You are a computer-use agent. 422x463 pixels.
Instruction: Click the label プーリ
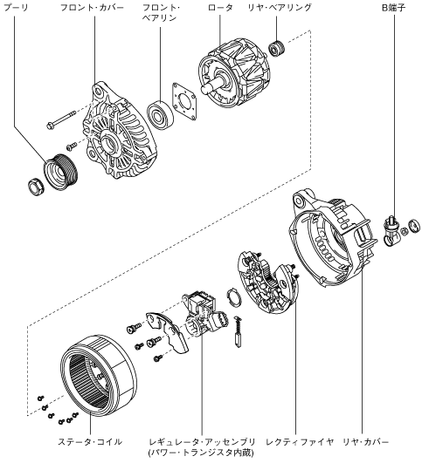[16, 8]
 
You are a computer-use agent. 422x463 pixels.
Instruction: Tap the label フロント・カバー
[92, 8]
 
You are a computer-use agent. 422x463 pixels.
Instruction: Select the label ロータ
[220, 8]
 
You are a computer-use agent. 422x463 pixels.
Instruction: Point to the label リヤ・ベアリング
[280, 8]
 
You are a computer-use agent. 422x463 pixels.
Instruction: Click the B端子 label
[393, 8]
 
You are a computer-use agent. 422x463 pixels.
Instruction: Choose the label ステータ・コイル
[90, 442]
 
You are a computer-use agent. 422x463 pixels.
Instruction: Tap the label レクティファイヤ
[300, 442]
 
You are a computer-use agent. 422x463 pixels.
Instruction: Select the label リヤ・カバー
[365, 442]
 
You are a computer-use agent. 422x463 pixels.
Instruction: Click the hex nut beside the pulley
[36, 187]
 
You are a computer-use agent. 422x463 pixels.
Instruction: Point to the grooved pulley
[61, 172]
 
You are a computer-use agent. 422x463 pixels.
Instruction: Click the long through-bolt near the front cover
[61, 119]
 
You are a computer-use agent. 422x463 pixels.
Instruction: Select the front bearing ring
[160, 115]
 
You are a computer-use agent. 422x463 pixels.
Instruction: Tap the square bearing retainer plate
[184, 101]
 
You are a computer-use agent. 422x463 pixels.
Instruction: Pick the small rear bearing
[277, 48]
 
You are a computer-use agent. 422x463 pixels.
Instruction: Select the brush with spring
[238, 331]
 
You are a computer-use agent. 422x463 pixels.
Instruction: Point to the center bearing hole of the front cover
[109, 143]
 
